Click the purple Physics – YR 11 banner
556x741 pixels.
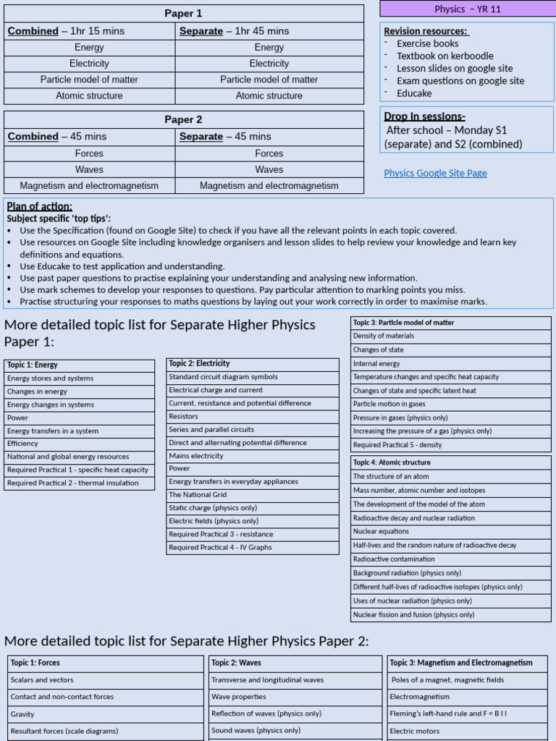[467, 9]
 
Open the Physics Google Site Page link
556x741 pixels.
[435, 173]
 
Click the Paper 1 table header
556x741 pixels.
[184, 13]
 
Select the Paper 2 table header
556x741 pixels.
[184, 119]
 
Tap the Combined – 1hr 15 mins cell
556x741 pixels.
[90, 31]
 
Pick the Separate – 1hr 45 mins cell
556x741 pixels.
[269, 31]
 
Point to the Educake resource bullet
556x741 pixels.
[414, 93]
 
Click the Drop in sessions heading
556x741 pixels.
[424, 117]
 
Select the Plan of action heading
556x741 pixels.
[40, 206]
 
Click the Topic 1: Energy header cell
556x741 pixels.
[79, 365]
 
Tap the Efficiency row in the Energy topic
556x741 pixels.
[79, 444]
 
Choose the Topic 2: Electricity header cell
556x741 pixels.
[252, 363]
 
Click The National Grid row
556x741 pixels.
[252, 495]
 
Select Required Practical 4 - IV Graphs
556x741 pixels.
[252, 548]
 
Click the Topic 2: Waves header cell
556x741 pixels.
[295, 663]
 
